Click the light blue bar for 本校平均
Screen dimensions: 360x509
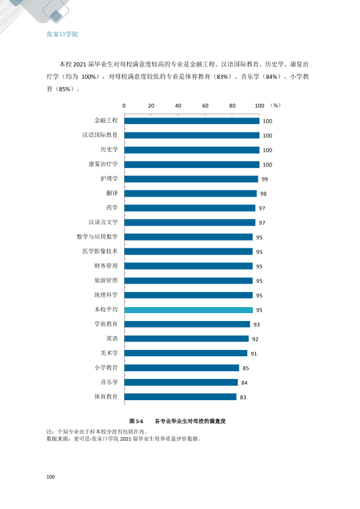pyautogui.click(x=188, y=310)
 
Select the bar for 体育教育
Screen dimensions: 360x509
pyautogui.click(x=180, y=397)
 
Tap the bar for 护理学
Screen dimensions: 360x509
pyautogui.click(x=191, y=179)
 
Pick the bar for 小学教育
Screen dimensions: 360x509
pyautogui.click(x=182, y=368)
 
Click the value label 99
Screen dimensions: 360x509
pyautogui.click(x=264, y=180)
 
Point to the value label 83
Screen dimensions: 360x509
pyautogui.click(x=243, y=397)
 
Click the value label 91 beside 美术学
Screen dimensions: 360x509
pyautogui.click(x=254, y=354)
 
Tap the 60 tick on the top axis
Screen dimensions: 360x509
pyautogui.click(x=205, y=106)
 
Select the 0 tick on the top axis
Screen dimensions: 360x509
pyautogui.click(x=124, y=106)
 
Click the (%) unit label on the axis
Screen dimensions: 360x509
pyautogui.click(x=275, y=105)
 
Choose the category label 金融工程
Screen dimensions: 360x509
pyautogui.click(x=106, y=120)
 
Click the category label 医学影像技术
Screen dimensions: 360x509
pyautogui.click(x=100, y=251)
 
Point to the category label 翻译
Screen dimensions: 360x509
pyautogui.click(x=112, y=193)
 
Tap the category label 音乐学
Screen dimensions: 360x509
pyautogui.click(x=109, y=382)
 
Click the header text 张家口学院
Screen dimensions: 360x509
pyautogui.click(x=62, y=34)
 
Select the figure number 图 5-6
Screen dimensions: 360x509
pyautogui.click(x=136, y=421)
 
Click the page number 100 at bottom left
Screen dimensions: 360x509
pyautogui.click(x=50, y=476)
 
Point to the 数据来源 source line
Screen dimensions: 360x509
pyautogui.click(x=124, y=438)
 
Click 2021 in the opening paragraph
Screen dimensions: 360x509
pyautogui.click(x=80, y=64)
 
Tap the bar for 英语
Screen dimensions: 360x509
pyautogui.click(x=186, y=339)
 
